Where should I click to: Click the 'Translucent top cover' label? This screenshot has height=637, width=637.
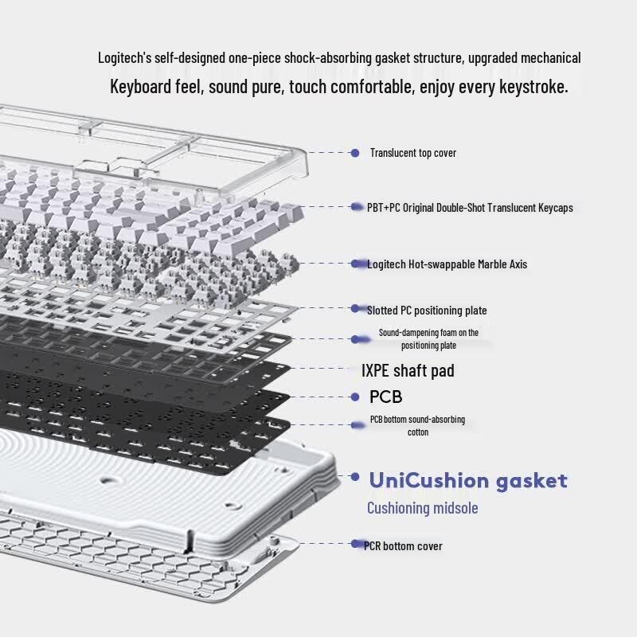point(412,153)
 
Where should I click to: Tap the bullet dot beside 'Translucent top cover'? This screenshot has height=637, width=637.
point(355,153)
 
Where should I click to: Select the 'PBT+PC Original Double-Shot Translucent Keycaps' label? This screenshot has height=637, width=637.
point(470,208)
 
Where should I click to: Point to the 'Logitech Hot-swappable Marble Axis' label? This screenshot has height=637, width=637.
point(447,264)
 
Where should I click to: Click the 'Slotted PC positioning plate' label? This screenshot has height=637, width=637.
point(427,311)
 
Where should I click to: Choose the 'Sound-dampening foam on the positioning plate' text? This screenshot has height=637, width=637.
point(428,339)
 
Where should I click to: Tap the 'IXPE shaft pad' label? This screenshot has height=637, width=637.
point(408,370)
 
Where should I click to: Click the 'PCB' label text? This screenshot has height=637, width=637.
point(386,397)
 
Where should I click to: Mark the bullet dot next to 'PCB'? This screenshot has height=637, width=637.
point(355,397)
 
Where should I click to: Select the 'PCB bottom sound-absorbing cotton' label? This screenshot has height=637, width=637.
point(417,425)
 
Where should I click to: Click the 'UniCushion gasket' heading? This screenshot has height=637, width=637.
point(468,481)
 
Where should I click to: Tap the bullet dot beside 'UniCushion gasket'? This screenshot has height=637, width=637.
point(355,476)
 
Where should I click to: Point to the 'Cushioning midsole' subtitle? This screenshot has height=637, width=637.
point(423,508)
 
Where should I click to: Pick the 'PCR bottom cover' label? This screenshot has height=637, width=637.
point(403,546)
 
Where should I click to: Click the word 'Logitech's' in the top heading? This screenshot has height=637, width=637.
point(125,57)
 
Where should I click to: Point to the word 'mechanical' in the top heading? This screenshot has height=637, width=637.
point(550,57)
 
